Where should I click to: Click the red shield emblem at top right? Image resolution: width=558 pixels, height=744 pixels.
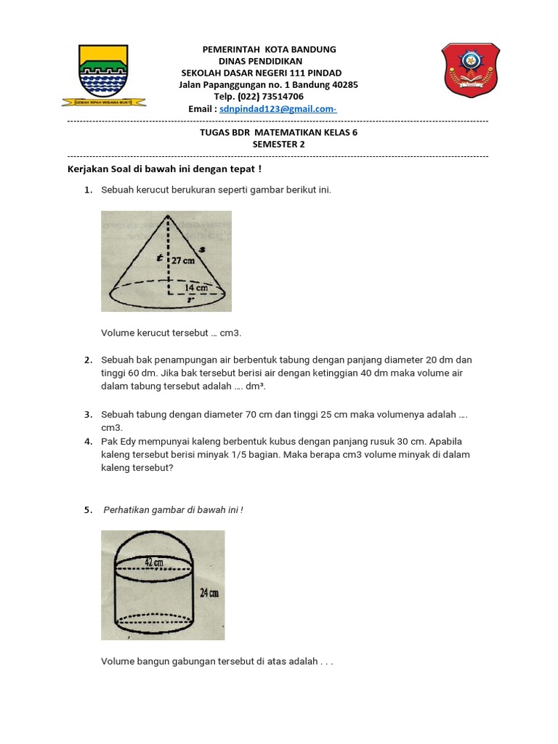point(470,70)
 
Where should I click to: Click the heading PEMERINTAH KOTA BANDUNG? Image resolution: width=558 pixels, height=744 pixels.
point(268,49)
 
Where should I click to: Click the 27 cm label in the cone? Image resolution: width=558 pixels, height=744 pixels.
point(183,260)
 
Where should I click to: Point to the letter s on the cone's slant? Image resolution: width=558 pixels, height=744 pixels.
point(201,249)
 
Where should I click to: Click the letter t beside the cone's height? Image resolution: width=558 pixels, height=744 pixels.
point(158,256)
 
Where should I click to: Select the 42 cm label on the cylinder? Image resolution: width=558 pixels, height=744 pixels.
point(154,562)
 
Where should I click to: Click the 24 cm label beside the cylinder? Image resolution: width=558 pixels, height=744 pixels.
point(209,593)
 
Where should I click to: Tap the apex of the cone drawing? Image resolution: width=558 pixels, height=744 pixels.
point(169,216)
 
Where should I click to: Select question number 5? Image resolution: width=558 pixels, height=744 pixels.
point(87,510)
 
